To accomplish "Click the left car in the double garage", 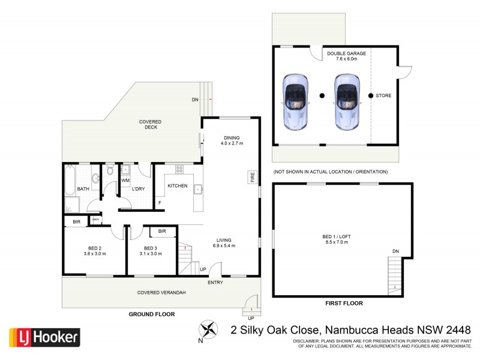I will coord(295,101).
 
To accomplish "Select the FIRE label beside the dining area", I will coord(253,178).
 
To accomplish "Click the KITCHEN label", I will coord(177,186).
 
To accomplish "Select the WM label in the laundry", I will coord(125,179).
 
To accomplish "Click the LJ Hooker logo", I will coord(44,337).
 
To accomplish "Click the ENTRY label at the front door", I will coord(216,282).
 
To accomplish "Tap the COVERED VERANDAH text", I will coord(161,292).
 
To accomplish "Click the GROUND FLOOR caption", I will coord(152,314).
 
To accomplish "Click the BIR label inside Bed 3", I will coord(162,231).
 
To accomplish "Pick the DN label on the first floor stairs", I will coord(395,251).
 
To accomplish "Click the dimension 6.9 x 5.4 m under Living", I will coord(223,246).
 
